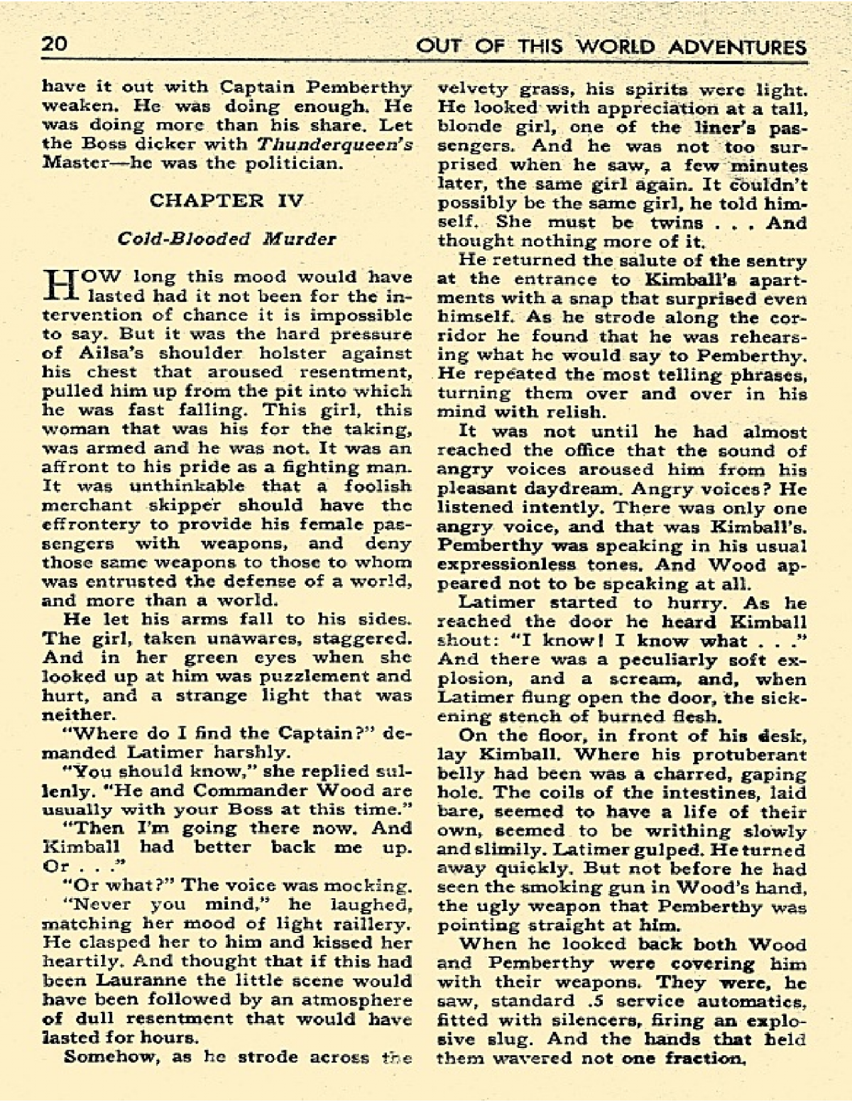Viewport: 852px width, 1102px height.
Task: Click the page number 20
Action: pyautogui.click(x=55, y=45)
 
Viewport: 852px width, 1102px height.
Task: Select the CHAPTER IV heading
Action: pyautogui.click(x=226, y=200)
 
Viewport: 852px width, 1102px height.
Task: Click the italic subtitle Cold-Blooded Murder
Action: pyautogui.click(x=226, y=238)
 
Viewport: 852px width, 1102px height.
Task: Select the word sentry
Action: pyautogui.click(x=777, y=261)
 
